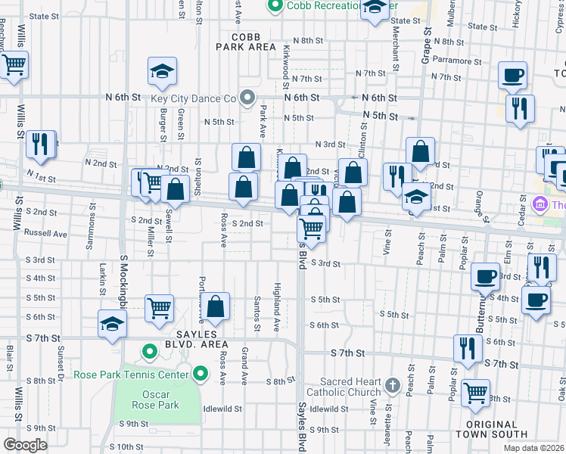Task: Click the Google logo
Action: tap(25, 445)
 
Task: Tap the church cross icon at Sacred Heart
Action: tap(392, 386)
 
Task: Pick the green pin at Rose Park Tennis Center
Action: tap(200, 373)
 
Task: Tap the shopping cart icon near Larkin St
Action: tap(160, 307)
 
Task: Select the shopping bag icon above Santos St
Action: tap(216, 306)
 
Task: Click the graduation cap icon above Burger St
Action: tap(162, 71)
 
